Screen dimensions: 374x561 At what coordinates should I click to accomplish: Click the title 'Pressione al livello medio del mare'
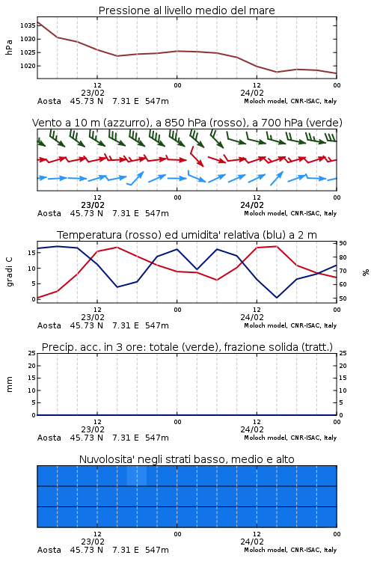click(186, 10)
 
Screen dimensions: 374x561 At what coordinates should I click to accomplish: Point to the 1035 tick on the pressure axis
click(28, 25)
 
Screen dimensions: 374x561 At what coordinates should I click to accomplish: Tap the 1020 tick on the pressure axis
click(28, 66)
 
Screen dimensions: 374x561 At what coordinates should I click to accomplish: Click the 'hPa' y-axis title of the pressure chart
click(9, 47)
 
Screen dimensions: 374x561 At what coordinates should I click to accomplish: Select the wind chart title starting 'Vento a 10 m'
click(187, 123)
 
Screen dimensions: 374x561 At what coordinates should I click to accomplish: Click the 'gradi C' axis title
click(9, 272)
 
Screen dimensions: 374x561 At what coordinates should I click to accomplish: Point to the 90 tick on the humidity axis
click(343, 243)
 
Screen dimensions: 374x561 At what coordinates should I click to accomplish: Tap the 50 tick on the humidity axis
click(343, 298)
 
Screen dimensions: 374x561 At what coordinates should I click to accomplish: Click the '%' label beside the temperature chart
click(366, 272)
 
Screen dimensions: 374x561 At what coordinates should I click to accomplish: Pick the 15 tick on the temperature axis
click(31, 253)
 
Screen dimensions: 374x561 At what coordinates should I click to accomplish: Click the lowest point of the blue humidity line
click(276, 297)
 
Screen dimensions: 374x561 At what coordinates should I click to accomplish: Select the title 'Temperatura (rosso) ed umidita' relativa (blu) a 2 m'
click(187, 235)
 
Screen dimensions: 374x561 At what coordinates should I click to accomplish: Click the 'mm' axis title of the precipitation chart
click(9, 384)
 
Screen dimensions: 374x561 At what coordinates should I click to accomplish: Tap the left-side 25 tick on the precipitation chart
click(32, 353)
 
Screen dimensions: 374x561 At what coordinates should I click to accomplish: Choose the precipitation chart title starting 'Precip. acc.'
click(187, 347)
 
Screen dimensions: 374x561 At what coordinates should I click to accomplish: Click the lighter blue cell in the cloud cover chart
click(137, 476)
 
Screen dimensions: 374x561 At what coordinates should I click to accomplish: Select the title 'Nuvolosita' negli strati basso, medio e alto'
click(186, 459)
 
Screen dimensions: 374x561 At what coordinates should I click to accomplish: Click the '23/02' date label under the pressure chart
click(93, 93)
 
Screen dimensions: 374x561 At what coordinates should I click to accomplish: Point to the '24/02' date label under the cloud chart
click(252, 542)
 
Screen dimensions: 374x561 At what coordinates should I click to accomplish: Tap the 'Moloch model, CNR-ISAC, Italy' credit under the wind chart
click(290, 213)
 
